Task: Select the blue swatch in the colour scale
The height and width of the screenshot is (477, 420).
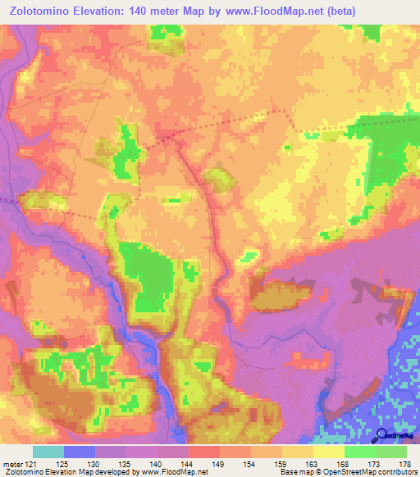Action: tap(79, 452)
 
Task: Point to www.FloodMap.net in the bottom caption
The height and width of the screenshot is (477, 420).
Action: tap(174, 472)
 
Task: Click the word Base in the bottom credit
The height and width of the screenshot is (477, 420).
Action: tap(287, 472)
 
